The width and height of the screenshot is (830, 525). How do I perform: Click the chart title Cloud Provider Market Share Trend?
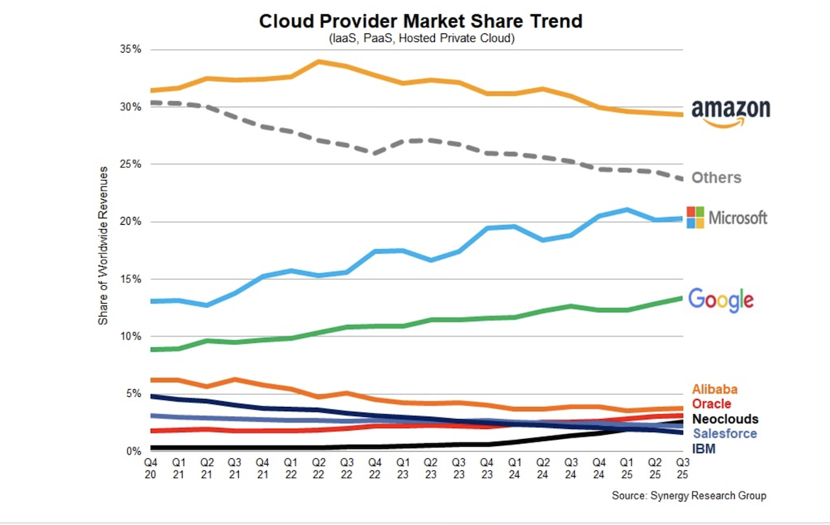421,21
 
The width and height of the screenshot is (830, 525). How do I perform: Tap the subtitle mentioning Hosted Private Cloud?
421,38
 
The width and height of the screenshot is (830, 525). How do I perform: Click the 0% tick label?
134,451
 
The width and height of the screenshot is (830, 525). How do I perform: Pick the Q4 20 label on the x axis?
150,468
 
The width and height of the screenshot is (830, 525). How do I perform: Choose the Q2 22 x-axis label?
319,468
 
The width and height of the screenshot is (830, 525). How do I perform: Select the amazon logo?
731,112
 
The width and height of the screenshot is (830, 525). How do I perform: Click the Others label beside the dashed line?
716,178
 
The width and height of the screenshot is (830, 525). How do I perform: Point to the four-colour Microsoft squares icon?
696,218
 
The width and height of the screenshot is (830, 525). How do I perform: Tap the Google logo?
721,299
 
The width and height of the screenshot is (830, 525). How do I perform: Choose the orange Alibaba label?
714,389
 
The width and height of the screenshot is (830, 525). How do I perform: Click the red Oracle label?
711,404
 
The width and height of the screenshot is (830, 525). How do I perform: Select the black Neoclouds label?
725,419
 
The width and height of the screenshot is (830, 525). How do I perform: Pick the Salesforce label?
724,434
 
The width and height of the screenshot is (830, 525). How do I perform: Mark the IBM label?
704,449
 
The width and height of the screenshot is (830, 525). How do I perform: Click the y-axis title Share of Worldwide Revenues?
104,245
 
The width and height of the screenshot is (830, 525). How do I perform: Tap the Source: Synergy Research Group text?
689,496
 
